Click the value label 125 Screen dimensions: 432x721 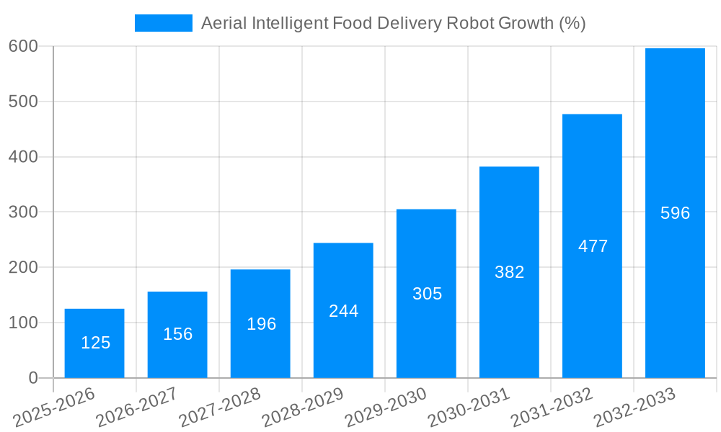(x=95, y=343)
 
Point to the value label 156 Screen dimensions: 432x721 (x=177, y=334)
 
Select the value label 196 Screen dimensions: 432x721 (x=261, y=324)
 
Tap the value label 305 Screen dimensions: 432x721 (x=427, y=294)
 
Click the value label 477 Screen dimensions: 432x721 (x=593, y=246)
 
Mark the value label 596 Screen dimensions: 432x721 (x=675, y=213)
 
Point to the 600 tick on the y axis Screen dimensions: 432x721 (x=23, y=47)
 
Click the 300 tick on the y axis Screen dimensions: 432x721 (x=23, y=212)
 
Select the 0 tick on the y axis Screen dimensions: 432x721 (x=32, y=378)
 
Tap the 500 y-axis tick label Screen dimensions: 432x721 (x=23, y=102)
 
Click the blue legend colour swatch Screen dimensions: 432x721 (x=164, y=23)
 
